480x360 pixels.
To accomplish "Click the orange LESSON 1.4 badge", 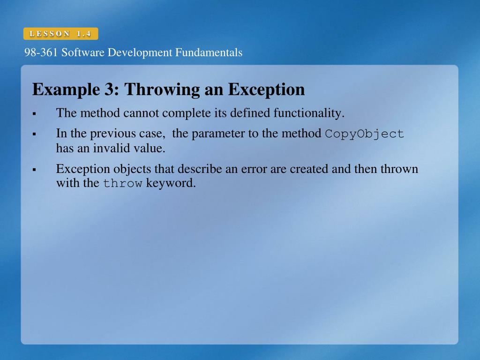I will click(60, 34).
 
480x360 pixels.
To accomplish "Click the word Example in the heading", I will click(63, 90).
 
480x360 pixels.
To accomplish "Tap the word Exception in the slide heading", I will click(266, 90).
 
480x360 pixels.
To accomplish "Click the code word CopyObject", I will click(364, 134).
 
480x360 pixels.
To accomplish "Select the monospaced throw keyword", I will click(122, 184).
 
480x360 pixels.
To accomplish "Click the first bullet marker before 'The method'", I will click(34, 114).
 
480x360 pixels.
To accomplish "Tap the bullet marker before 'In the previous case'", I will click(34, 135).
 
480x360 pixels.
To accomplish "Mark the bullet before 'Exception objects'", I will click(34, 169).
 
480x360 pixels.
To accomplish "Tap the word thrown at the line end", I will click(399, 169).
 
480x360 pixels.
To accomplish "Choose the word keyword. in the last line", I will click(171, 183).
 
